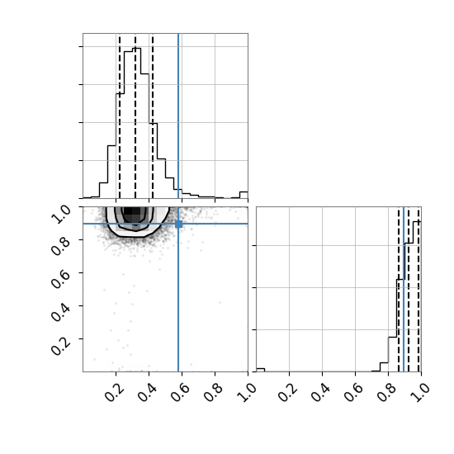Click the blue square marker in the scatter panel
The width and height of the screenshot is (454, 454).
[178, 224]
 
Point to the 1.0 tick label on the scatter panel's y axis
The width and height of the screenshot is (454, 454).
[61, 215]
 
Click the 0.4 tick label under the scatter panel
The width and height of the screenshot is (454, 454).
[147, 393]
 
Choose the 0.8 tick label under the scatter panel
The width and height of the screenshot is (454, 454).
[213, 393]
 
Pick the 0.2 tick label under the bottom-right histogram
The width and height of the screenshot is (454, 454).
[287, 393]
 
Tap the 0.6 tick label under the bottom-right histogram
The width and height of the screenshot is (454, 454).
[353, 393]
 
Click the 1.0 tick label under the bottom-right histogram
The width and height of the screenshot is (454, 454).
[419, 393]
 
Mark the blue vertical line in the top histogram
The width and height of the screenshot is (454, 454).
[178, 116]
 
